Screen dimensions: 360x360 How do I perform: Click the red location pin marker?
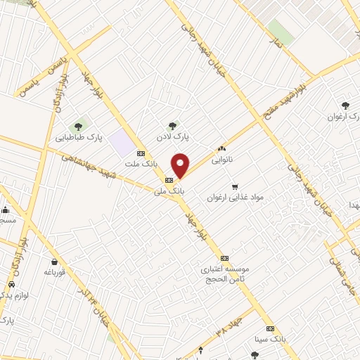click(181, 165)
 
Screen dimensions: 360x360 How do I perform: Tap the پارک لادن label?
click(174, 135)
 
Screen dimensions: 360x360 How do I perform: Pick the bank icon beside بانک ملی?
click(168, 179)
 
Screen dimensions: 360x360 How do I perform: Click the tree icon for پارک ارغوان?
click(344, 105)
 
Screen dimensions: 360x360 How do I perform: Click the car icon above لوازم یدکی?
click(11, 284)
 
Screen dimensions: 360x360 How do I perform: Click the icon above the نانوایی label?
click(222, 148)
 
